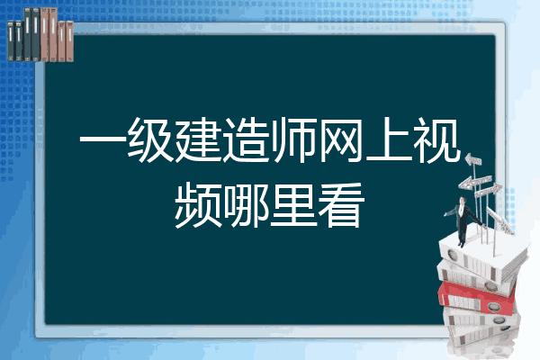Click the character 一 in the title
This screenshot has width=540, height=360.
pyautogui.click(x=103, y=140)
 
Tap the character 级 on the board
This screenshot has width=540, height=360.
pyautogui.click(x=150, y=140)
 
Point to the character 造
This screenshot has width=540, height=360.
pyautogui.click(x=246, y=140)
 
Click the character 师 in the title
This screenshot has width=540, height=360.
pyautogui.click(x=293, y=140)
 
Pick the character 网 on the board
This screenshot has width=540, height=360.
pyautogui.click(x=342, y=140)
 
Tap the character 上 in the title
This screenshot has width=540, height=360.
pyautogui.click(x=390, y=139)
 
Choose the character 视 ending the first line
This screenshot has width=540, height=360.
pyautogui.click(x=437, y=140)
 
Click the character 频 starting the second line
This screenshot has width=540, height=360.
pyautogui.click(x=198, y=205)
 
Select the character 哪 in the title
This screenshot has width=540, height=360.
pyautogui.click(x=246, y=205)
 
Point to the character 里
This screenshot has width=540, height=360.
pyautogui.click(x=293, y=204)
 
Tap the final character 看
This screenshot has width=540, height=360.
pyautogui.click(x=342, y=205)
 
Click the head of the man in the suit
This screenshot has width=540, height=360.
pyautogui.click(x=463, y=200)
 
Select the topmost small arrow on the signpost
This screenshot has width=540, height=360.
pyautogui.click(x=473, y=160)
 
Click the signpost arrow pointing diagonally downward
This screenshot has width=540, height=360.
pyautogui.click(x=500, y=220)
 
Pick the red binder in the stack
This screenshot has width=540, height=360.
pyautogui.click(x=477, y=297)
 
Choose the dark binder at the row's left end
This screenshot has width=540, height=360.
pyautogui.click(x=11, y=40)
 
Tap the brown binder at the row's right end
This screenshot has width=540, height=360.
pyautogui.click(x=69, y=41)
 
